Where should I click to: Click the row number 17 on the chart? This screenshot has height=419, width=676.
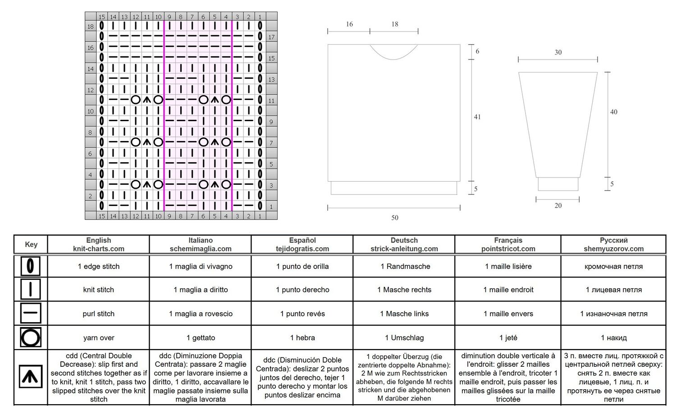[x=271, y=37]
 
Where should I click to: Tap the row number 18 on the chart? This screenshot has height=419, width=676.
[x=91, y=27]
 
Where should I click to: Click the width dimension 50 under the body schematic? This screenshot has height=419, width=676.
[x=394, y=218]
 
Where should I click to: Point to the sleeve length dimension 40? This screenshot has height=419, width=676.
[x=613, y=112]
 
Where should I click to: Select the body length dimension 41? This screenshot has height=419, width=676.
[x=477, y=117]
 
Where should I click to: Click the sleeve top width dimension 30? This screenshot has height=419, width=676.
[x=558, y=52]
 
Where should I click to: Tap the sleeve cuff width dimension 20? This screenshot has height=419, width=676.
[x=558, y=205]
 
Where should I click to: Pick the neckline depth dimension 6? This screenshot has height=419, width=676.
[x=477, y=51]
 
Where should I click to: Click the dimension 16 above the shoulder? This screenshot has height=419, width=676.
[x=349, y=24]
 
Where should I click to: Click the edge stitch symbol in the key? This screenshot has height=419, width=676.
[x=30, y=266]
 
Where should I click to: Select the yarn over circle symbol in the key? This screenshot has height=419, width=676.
[x=31, y=337]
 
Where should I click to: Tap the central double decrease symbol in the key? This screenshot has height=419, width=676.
[x=31, y=377]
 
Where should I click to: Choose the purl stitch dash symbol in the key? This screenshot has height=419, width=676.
[x=31, y=313]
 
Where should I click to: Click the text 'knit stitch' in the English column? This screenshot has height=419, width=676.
[x=98, y=290]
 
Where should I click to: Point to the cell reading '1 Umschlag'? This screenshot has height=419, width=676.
[x=404, y=337]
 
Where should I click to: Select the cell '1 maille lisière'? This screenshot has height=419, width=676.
[x=508, y=266]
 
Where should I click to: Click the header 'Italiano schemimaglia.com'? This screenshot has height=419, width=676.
[x=201, y=244]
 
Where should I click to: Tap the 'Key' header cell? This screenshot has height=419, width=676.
[x=31, y=244]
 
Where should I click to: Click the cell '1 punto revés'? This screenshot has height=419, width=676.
[x=302, y=314]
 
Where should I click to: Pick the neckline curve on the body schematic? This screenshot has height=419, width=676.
[x=393, y=59]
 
